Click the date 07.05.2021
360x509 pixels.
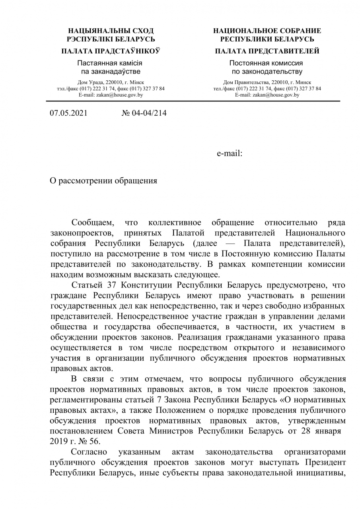[x=68, y=113]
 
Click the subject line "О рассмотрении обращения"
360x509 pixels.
[x=103, y=181]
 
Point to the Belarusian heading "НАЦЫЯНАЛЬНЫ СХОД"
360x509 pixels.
[x=111, y=31]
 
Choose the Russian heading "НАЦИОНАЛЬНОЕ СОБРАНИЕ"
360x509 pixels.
[x=267, y=31]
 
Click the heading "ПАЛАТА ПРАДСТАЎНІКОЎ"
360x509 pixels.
[x=111, y=51]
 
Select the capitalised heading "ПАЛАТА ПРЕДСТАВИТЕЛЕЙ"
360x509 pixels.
[x=267, y=51]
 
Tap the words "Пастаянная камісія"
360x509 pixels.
[x=110, y=63]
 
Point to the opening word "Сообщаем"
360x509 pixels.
[x=93, y=222]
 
